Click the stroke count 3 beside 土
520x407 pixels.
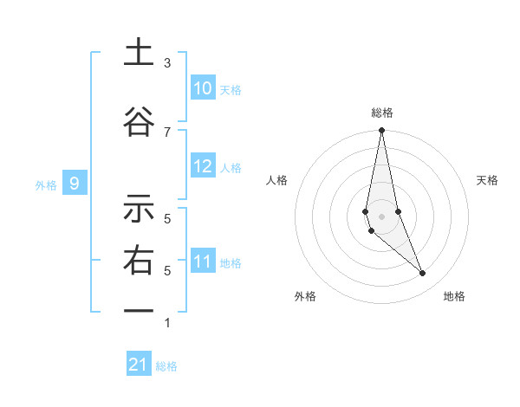click(167, 63)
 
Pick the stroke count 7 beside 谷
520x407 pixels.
click(167, 132)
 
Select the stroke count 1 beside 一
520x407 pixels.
click(167, 323)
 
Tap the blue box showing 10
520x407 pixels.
click(203, 88)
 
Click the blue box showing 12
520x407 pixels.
click(203, 166)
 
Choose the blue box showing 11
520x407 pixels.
click(203, 262)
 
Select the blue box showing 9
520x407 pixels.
click(75, 183)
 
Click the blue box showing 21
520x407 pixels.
click(139, 365)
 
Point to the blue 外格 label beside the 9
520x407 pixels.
click(45, 184)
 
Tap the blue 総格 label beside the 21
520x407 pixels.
click(166, 366)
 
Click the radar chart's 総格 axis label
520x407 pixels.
click(381, 113)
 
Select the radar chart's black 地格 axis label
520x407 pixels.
click(454, 296)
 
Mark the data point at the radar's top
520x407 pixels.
click(381, 131)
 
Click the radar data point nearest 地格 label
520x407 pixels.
click(423, 274)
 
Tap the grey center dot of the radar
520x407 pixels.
click(381, 216)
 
